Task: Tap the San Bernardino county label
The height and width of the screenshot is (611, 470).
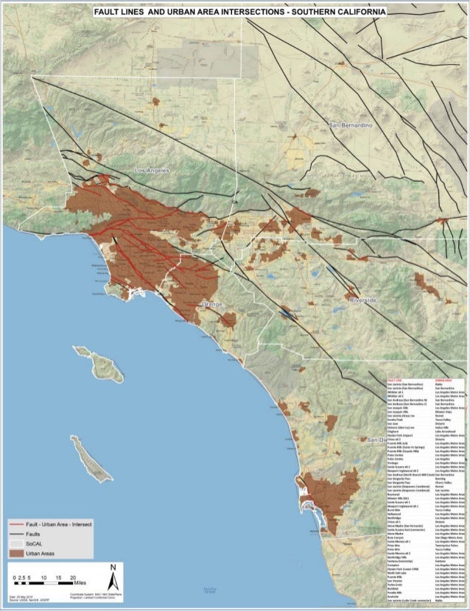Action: (351, 126)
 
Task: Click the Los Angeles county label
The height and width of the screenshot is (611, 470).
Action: (152, 170)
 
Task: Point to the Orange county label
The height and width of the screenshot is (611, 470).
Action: (212, 303)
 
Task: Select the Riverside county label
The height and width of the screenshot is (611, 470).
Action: (363, 300)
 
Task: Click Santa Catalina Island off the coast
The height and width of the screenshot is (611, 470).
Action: (98, 361)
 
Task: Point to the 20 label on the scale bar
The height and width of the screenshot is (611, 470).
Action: (72, 578)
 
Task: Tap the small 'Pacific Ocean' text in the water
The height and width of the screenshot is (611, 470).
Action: (210, 588)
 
